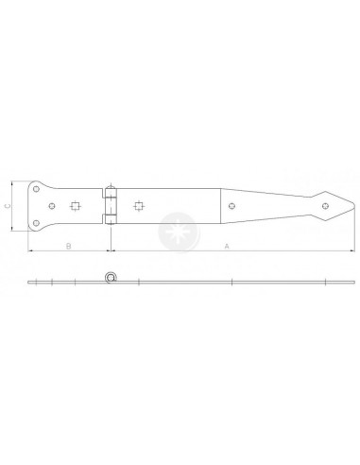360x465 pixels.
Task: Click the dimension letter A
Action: pyautogui.click(x=226, y=246)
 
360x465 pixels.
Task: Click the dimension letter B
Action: pyautogui.click(x=68, y=246)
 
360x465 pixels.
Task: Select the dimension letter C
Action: pyautogui.click(x=8, y=204)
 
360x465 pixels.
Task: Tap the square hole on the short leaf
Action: pyautogui.click(x=76, y=205)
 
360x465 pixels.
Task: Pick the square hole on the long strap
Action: pyautogui.click(x=138, y=205)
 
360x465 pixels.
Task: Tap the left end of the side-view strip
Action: pyautogui.click(x=27, y=283)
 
